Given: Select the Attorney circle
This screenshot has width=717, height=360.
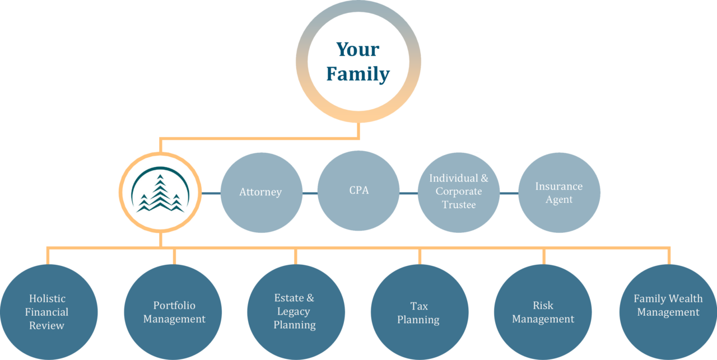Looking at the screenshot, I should point(261,192).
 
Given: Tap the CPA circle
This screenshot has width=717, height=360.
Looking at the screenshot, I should point(358,190).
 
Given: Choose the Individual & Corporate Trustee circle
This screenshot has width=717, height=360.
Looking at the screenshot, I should point(459,192).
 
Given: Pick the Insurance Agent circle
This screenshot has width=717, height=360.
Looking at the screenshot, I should point(558,192).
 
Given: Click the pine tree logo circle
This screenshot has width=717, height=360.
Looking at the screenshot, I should point(160,193).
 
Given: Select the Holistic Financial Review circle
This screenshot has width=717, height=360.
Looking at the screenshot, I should point(48,312).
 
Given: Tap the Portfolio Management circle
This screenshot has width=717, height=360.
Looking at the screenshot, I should point(174,312).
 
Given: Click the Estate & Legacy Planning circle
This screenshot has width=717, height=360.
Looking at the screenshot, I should point(295,312).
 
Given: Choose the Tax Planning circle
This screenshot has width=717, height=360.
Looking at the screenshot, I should point(418,312).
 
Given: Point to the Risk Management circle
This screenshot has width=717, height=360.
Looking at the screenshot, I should point(543,312).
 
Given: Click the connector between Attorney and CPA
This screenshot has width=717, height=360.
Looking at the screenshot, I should point(310,193).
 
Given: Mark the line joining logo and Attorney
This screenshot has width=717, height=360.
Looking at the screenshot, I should point(211,193).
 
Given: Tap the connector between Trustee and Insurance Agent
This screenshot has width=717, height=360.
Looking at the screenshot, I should point(509,193).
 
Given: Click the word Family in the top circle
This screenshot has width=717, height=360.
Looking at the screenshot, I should point(358,74).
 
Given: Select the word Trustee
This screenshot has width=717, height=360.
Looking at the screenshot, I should point(459,205).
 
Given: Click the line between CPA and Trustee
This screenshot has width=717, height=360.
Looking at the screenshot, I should point(409,193).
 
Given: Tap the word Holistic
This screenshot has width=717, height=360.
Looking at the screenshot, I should point(48,298).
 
